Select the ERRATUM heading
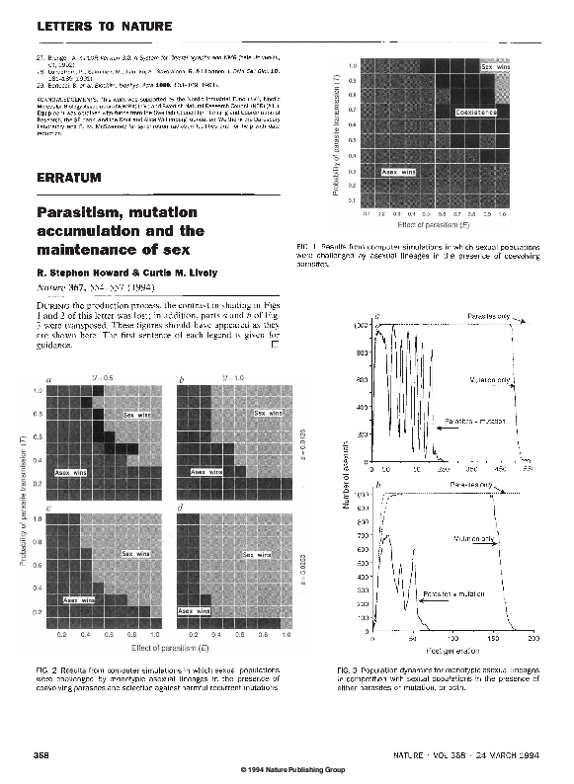pyautogui.click(x=68, y=178)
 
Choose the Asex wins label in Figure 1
pyautogui.click(x=401, y=173)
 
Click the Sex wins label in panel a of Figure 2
pyautogui.click(x=135, y=416)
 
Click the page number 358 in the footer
pyautogui.click(x=42, y=754)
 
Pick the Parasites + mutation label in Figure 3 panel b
pyautogui.click(x=453, y=593)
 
